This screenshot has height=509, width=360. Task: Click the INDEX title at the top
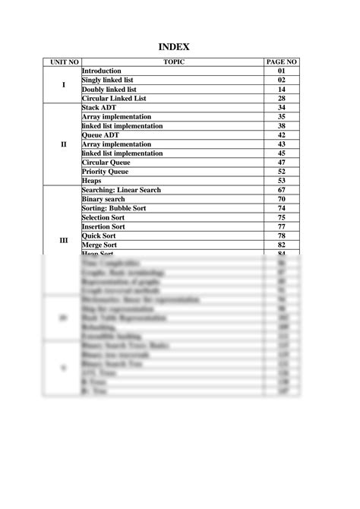[x=179, y=47]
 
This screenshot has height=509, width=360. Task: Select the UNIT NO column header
[x=63, y=62]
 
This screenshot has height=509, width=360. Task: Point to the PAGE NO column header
[x=282, y=62]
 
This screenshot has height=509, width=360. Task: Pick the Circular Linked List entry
[x=114, y=99]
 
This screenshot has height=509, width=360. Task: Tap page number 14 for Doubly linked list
[x=282, y=90]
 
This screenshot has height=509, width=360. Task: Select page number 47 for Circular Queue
[x=282, y=163]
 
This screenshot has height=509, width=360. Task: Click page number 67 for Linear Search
[x=282, y=190]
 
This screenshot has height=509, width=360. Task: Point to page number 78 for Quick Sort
[x=282, y=236]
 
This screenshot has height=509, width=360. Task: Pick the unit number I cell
[x=63, y=84]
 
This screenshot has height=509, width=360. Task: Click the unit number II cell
[x=63, y=144]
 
